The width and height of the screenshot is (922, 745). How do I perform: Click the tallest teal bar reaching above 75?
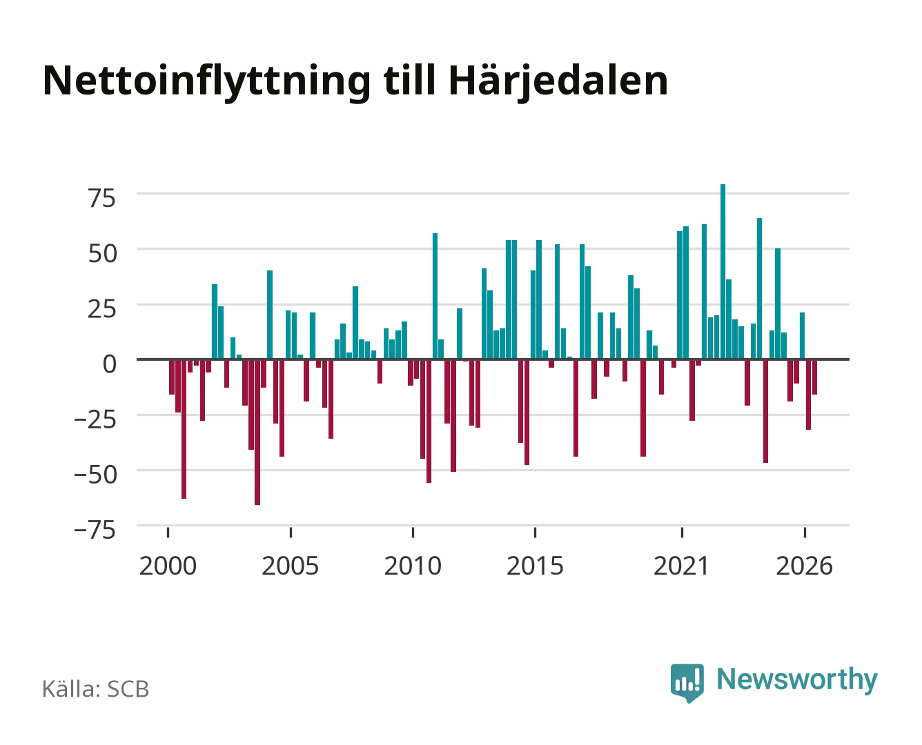tap(723, 271)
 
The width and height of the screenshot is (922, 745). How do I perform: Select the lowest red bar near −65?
tap(257, 432)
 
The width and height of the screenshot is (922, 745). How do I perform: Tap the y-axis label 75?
tap(102, 199)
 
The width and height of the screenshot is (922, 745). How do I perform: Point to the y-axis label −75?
tap(95, 530)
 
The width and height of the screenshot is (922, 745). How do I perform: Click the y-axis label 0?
tap(110, 364)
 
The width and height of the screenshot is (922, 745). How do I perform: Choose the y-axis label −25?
tap(95, 419)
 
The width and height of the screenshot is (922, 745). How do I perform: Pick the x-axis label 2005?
tap(290, 566)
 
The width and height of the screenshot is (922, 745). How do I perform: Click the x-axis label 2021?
tap(681, 566)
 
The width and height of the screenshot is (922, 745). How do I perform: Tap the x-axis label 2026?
tap(804, 566)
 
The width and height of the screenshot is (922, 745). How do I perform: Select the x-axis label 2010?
tap(413, 566)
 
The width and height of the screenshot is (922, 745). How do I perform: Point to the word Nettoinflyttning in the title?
tap(206, 82)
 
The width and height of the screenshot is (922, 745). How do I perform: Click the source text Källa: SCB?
tap(96, 688)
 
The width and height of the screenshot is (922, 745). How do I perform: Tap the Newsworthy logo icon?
tap(687, 683)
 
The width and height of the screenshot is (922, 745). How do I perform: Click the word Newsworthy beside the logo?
tap(797, 680)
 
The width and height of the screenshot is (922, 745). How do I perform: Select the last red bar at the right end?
tap(814, 377)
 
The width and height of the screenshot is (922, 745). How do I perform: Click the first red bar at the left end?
tap(171, 377)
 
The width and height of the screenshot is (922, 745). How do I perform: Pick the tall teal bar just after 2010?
tap(435, 296)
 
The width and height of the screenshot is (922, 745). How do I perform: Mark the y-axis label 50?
tap(102, 254)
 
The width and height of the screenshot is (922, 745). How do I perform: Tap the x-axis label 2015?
tap(535, 566)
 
